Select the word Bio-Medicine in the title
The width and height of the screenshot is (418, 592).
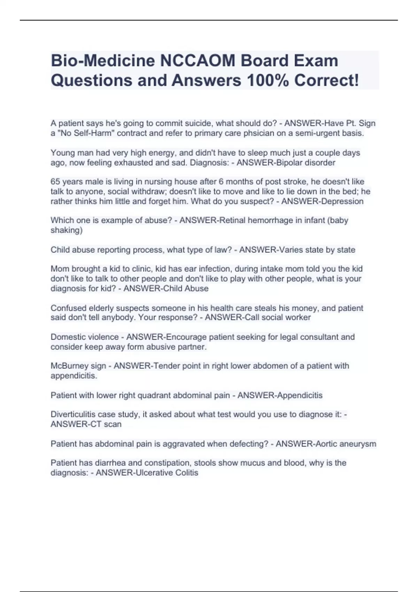pyautogui.click(x=103, y=61)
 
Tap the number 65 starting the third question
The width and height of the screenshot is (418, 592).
pyautogui.click(x=55, y=181)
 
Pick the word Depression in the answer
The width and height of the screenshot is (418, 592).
pyautogui.click(x=343, y=201)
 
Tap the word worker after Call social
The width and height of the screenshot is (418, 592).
pyautogui.click(x=298, y=317)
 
